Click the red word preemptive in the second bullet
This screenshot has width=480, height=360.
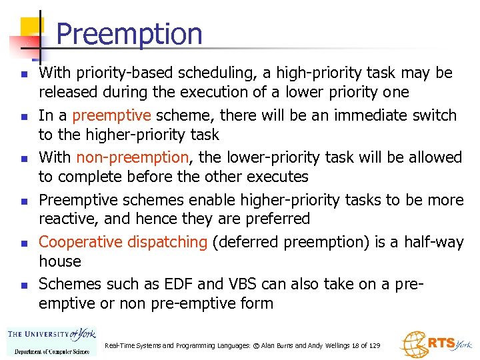111,115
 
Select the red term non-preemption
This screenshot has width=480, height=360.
133,157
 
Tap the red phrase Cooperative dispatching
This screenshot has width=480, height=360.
123,242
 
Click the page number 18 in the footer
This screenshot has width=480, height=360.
355,345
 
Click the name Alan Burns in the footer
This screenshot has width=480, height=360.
273,345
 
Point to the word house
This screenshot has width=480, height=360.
59,261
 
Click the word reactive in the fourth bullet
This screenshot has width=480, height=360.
65,219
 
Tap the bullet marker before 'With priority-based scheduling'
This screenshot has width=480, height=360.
23,73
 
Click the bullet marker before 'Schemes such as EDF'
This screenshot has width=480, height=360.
23,285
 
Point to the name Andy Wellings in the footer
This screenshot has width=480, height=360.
322,345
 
